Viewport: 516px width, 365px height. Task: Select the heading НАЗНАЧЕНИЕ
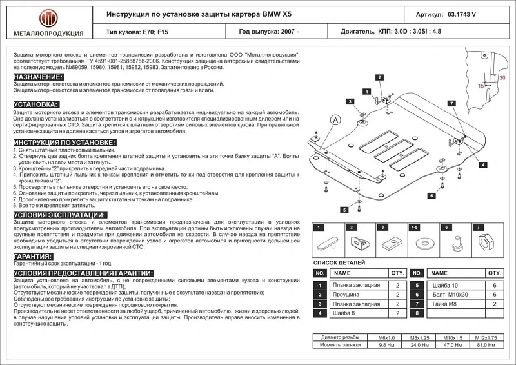pos(38,77)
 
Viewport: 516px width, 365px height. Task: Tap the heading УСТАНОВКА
pos(35,104)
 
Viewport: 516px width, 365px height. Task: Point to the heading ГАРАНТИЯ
pos(33,257)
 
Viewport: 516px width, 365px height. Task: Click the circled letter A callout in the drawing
pos(335,120)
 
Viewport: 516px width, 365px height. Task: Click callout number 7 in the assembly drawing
pos(452,103)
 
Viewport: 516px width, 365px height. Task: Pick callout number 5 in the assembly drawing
pos(345,210)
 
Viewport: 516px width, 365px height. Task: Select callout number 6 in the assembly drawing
pos(429,195)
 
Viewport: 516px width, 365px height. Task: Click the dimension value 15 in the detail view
pos(481,85)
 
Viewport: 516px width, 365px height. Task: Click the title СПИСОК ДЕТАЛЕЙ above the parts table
pos(339,262)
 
